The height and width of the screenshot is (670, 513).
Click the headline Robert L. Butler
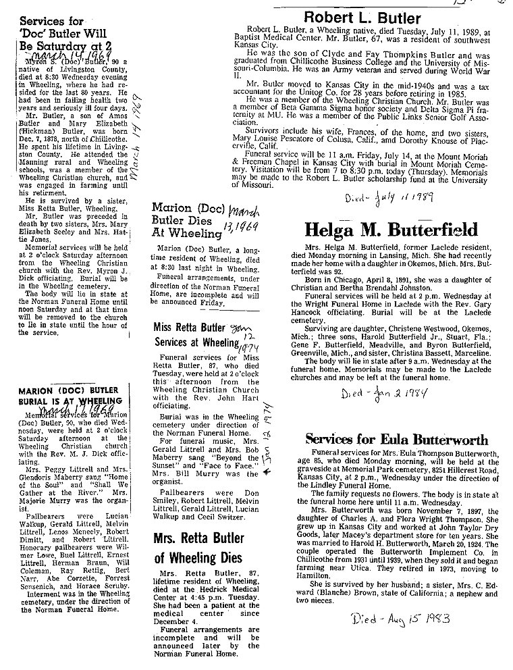362,18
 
